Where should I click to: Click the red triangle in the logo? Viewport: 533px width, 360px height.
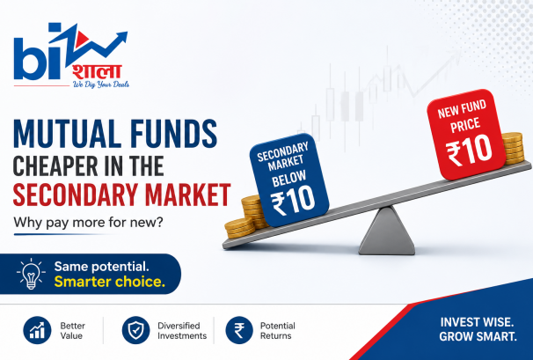tap(81, 39)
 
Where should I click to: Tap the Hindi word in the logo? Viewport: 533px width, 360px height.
tap(97, 72)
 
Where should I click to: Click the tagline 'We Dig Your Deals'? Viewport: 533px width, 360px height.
tap(101, 84)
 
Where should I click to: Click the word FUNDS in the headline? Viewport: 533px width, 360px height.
tap(173, 134)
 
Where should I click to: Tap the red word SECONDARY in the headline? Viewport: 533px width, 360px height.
tap(75, 195)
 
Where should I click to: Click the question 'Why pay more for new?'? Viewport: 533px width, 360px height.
tap(88, 223)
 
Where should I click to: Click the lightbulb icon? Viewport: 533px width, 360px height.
tap(31, 274)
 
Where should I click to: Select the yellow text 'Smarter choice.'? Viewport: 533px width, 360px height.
tap(109, 282)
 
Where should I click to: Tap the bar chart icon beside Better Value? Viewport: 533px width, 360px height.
tap(37, 330)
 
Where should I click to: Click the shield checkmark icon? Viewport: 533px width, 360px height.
tap(135, 330)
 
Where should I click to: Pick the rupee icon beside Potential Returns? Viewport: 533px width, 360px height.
tap(239, 330)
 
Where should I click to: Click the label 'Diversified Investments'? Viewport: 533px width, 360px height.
tap(182, 331)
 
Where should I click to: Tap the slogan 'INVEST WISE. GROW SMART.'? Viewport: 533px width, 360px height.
tap(478, 329)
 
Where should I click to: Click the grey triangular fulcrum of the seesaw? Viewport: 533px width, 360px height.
tap(386, 231)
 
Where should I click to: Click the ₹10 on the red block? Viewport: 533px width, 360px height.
tap(469, 149)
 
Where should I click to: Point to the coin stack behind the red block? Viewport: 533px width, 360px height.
tap(513, 149)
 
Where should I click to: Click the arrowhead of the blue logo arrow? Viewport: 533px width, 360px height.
tap(121, 37)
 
